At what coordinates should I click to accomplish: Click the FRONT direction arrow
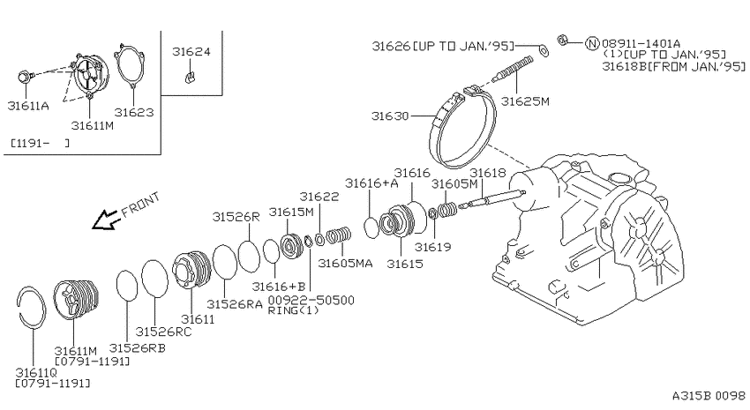pos(105,220)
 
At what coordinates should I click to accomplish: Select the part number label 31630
pos(390,116)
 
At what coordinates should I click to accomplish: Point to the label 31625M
pos(525,101)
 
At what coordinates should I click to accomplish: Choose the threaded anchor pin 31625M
pos(513,69)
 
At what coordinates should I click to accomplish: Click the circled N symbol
pos(593,43)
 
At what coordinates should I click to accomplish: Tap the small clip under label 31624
pos(191,77)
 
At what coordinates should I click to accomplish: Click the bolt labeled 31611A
pos(26,77)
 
